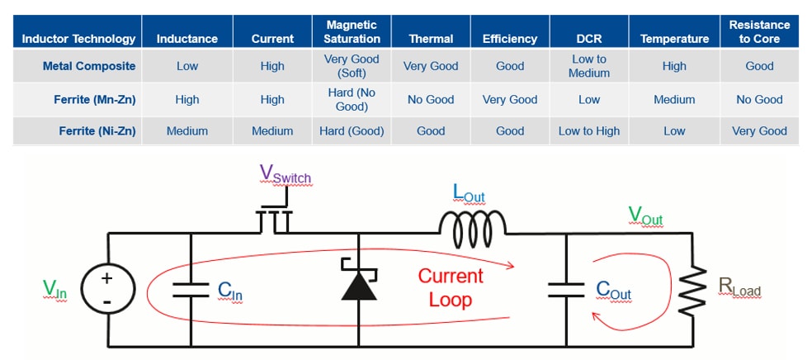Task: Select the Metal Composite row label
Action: pos(90,66)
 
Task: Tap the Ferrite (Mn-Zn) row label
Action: pos(95,99)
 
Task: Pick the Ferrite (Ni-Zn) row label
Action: pos(97,130)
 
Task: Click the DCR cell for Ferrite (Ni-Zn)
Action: pos(589,130)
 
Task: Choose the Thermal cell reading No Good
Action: pos(431,99)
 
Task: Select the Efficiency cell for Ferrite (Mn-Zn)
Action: pos(510,99)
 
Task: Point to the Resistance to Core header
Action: pos(759,31)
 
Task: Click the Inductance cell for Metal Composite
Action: pos(187,66)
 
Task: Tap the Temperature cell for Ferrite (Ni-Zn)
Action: pos(674,130)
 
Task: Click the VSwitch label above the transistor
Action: pos(285,174)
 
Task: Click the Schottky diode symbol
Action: pos(359,283)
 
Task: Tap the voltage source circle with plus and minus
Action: pos(107,289)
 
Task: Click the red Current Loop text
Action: pos(451,287)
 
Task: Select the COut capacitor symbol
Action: pos(566,289)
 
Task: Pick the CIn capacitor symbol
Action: pos(191,289)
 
